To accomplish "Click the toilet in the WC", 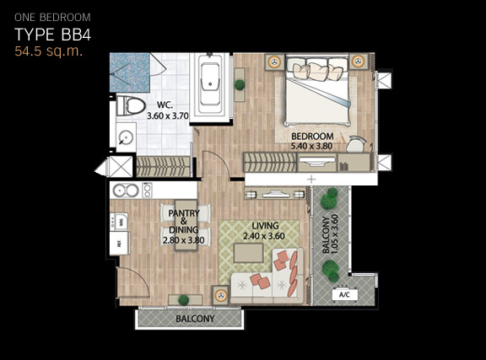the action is click(131, 106).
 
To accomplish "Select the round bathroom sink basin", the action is click(127, 137).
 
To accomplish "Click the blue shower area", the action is click(130, 73).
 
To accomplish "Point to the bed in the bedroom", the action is click(318, 90).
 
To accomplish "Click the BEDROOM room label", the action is click(312, 136).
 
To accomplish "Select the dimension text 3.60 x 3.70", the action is click(168, 116).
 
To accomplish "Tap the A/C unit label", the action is click(344, 294).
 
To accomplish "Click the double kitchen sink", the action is click(126, 191).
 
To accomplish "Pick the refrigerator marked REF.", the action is click(119, 244).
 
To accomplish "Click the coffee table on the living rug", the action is click(249, 252).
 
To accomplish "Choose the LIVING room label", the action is click(265, 226).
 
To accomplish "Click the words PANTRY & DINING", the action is click(184, 222).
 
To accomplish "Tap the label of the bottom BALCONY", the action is click(195, 319).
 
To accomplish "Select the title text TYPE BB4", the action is click(52, 35).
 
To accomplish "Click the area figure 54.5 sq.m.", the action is click(49, 51).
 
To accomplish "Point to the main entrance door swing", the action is click(133, 282).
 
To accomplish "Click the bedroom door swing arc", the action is click(216, 165).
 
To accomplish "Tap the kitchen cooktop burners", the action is click(147, 191).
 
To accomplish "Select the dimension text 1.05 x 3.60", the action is click(335, 234).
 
